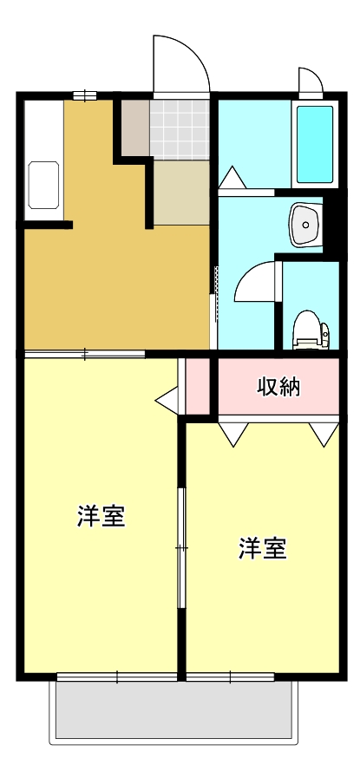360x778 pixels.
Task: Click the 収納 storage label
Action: [x=278, y=388]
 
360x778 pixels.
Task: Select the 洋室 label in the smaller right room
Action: [x=263, y=549]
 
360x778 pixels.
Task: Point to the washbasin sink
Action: [x=305, y=225]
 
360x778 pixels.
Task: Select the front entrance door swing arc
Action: [x=180, y=62]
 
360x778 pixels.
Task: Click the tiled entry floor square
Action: [x=180, y=128]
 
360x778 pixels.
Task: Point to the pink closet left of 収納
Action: [x=199, y=385]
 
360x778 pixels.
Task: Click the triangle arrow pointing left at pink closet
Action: [x=167, y=400]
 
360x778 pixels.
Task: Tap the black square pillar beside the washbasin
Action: [x=330, y=224]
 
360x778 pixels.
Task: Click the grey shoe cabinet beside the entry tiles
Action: [x=134, y=128]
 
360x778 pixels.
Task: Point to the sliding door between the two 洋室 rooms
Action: [x=181, y=547]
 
